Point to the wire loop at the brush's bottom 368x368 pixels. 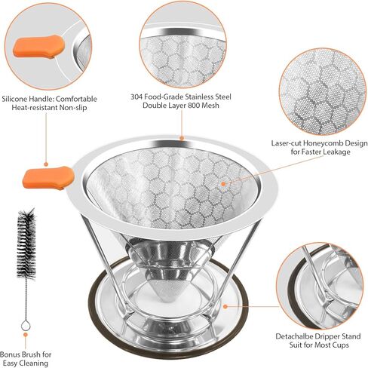26,325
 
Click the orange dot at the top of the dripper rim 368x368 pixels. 181,138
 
